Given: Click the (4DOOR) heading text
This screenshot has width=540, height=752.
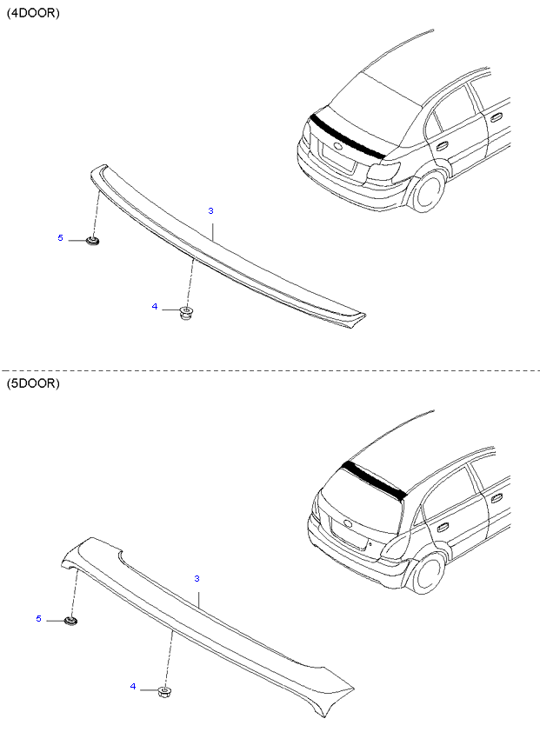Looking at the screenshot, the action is click(33, 13).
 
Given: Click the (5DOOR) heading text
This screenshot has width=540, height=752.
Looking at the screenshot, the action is click(33, 383).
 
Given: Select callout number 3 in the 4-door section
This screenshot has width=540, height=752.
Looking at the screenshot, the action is click(210, 210).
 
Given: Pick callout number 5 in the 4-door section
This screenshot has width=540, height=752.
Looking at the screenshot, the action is click(60, 237).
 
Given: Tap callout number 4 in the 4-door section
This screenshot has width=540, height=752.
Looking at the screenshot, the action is click(155, 306).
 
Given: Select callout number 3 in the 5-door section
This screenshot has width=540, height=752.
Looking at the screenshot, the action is click(197, 578).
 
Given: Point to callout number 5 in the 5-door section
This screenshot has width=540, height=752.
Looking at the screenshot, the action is click(39, 619).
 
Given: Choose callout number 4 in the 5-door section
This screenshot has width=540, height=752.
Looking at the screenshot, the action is click(133, 686).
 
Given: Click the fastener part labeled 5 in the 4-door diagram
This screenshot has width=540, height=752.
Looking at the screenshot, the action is click(92, 241).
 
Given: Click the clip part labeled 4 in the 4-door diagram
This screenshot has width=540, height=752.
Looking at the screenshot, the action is click(185, 314).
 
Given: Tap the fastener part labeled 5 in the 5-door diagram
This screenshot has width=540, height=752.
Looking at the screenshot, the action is click(71, 621).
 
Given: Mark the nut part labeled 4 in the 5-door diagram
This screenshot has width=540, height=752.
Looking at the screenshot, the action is click(165, 692).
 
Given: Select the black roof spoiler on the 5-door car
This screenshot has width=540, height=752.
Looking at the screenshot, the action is click(374, 479).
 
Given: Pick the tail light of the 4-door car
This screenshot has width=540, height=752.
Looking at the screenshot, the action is click(383, 171).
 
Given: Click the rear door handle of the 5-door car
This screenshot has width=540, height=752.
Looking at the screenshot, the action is click(442, 526).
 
